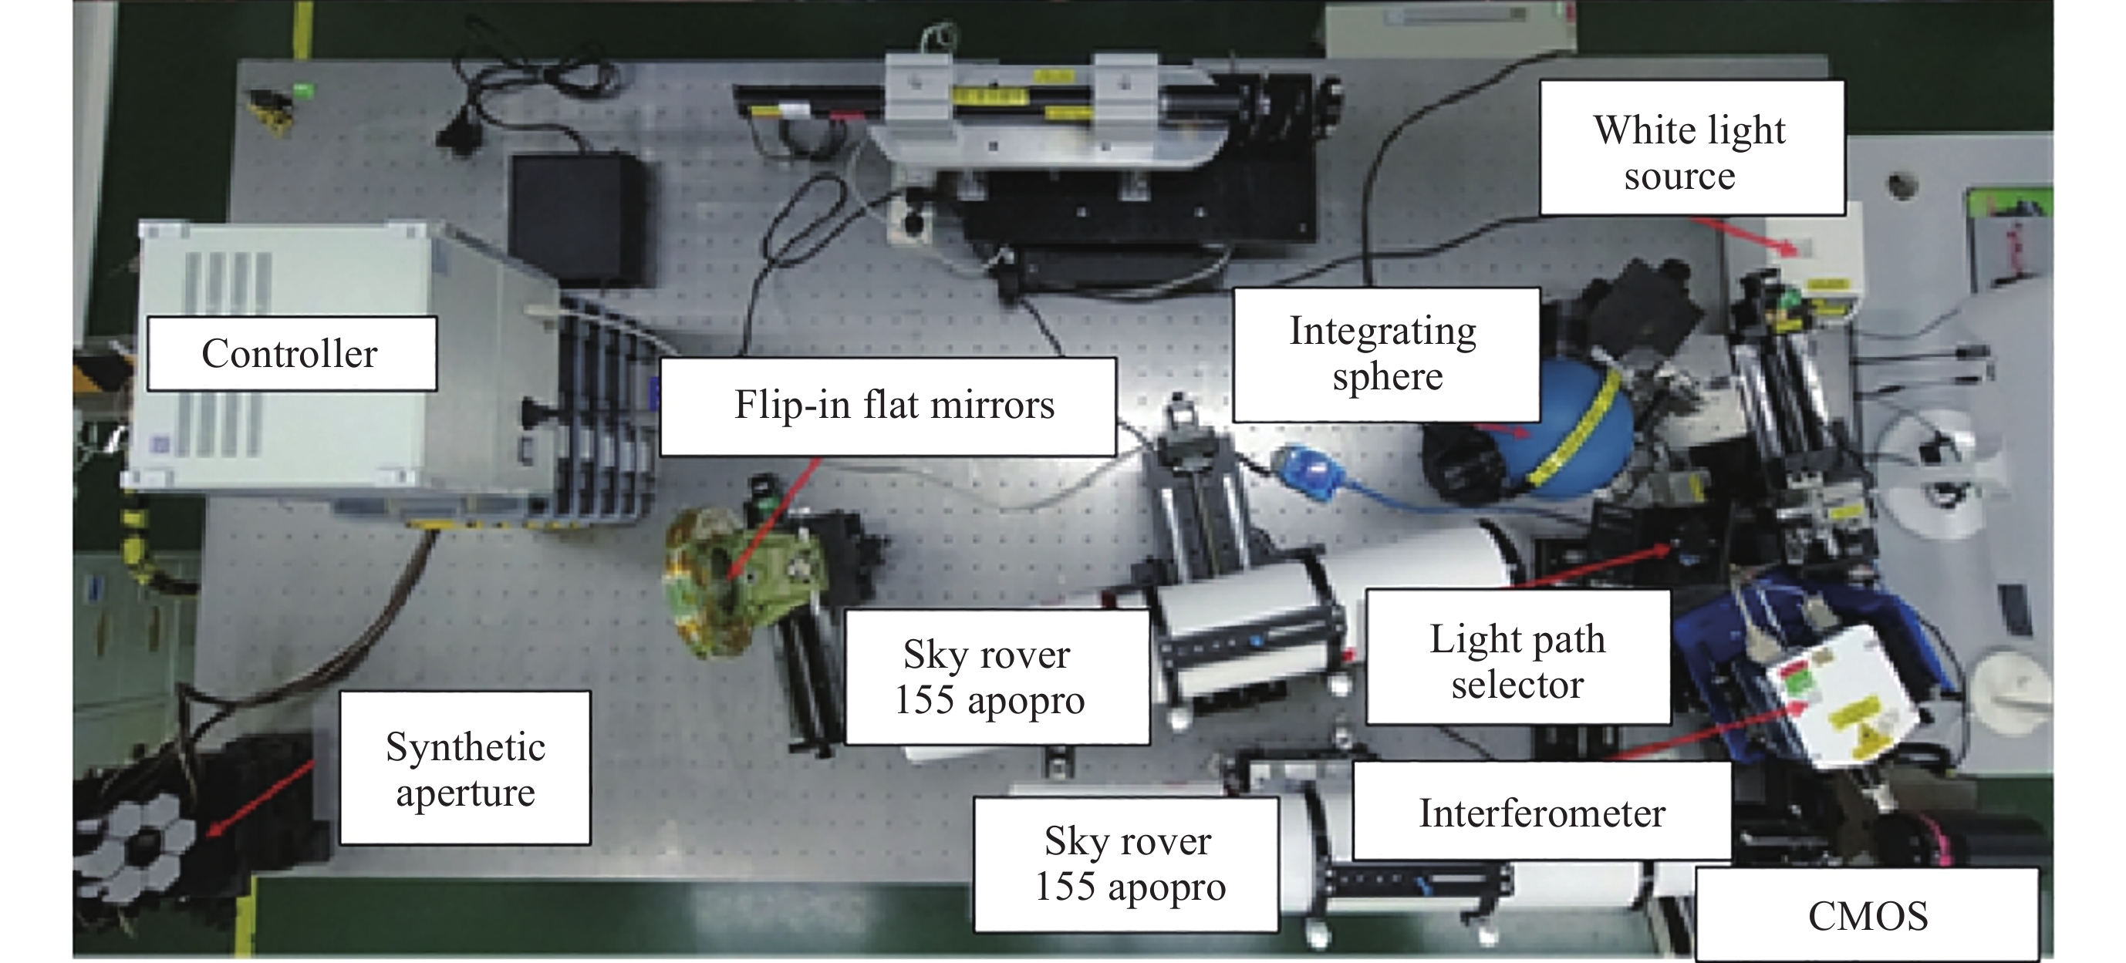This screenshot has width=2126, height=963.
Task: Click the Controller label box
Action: pyautogui.click(x=292, y=353)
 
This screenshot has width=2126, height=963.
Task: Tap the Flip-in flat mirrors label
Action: pyautogui.click(x=888, y=406)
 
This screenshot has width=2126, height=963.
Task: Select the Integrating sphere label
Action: pyautogui.click(x=1385, y=354)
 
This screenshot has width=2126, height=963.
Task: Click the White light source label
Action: pyautogui.click(x=1691, y=149)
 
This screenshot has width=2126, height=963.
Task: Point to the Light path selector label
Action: pyautogui.click(x=1518, y=658)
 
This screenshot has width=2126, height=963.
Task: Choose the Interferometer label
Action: pyautogui.click(x=1542, y=811)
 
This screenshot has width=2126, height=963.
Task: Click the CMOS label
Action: pyautogui.click(x=1868, y=914)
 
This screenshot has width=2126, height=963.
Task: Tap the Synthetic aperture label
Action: pyautogui.click(x=465, y=768)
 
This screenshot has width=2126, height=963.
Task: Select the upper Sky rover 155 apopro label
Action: pyautogui.click(x=997, y=678)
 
